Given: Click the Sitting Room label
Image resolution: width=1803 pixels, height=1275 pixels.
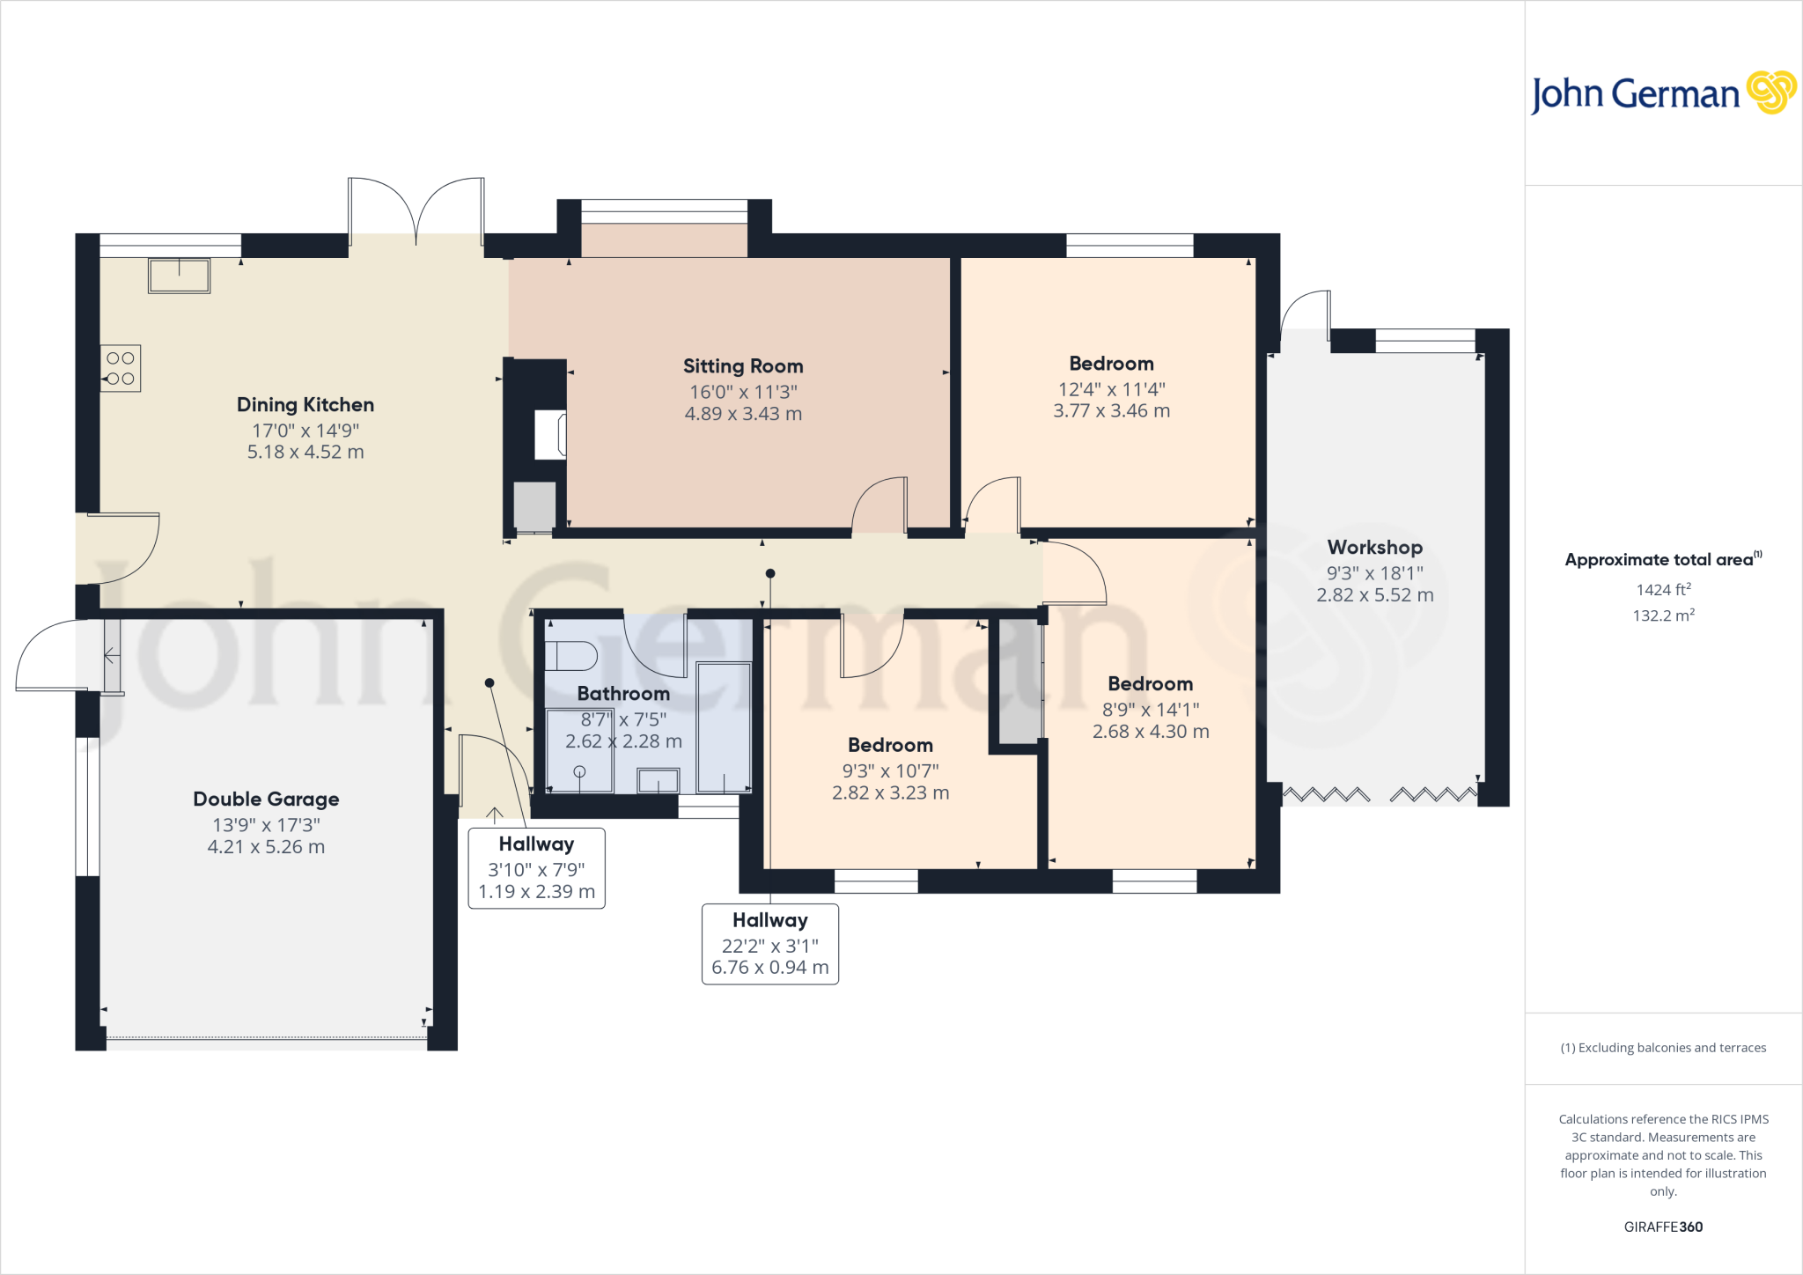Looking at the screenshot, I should tap(743, 365).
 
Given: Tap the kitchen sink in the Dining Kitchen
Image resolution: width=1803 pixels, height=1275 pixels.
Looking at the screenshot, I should tap(179, 276).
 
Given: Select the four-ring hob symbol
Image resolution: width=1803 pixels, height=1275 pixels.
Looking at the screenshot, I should tap(121, 368).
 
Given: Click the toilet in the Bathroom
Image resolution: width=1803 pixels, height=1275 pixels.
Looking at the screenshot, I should tap(570, 656).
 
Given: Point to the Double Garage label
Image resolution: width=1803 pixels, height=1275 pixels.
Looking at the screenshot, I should tap(266, 799).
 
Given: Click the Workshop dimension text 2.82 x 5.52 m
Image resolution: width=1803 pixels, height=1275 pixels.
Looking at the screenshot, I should tap(1374, 595).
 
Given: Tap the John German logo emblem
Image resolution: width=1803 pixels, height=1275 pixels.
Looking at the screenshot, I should tap(1770, 92).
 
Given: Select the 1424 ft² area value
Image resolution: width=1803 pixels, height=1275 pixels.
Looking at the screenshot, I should tap(1663, 590).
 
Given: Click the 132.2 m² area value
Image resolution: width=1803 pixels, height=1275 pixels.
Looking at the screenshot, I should tap(1663, 615).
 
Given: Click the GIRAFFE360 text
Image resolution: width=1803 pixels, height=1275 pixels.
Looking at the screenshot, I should tap(1663, 1227).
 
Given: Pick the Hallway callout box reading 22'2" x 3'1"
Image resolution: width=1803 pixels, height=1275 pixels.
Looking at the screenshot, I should tap(769, 944).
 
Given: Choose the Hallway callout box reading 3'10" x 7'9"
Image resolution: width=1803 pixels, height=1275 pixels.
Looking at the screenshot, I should tap(536, 868).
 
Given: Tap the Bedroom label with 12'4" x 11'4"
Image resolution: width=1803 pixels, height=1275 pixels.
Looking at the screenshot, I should tap(1111, 364).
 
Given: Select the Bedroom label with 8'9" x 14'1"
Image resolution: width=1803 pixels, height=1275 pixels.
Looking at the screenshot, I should tap(1150, 684).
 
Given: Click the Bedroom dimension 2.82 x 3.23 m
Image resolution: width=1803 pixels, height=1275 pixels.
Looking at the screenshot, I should tap(890, 792).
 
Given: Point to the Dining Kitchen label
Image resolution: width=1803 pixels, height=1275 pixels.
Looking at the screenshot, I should tap(305, 405).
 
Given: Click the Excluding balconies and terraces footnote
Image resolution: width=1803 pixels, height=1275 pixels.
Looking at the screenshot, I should tap(1663, 1048).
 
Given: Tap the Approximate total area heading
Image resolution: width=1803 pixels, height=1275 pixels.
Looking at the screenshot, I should tap(1659, 560).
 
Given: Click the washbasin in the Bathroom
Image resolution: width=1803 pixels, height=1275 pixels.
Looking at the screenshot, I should tap(658, 780).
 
